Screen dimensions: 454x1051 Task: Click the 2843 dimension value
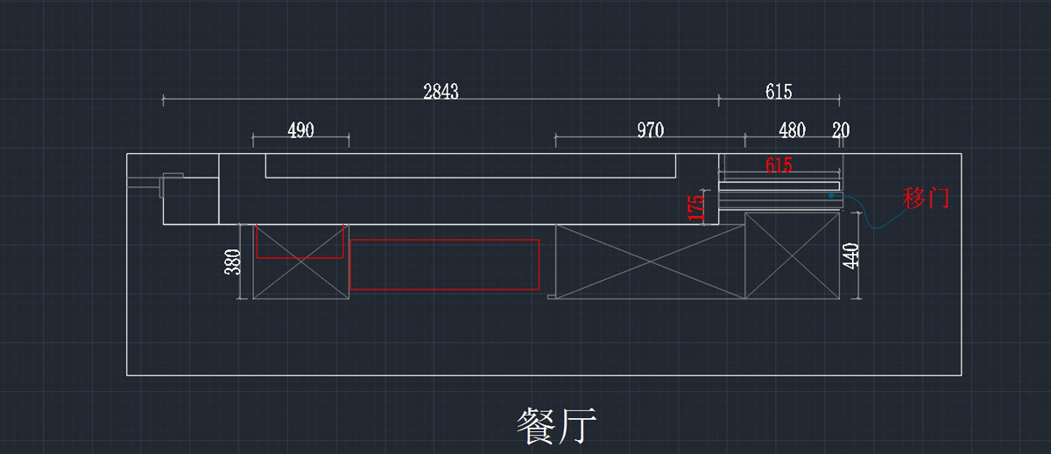[441, 92]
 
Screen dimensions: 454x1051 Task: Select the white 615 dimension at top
[778, 92]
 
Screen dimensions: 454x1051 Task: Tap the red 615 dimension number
[778, 164]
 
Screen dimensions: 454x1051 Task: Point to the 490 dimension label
[300, 130]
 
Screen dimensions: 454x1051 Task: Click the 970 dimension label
[650, 130]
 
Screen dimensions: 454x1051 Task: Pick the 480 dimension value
[792, 130]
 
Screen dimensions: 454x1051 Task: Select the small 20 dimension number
[841, 130]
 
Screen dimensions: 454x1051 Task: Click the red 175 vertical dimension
[696, 207]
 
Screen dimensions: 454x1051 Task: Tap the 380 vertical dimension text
[233, 262]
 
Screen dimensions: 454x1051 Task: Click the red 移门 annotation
[926, 199]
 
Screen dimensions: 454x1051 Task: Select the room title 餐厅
[556, 427]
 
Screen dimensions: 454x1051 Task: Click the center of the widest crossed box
[650, 262]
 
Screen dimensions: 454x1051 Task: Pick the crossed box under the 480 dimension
[792, 255]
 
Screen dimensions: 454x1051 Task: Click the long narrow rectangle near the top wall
[470, 165]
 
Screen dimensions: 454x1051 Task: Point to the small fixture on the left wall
[171, 185]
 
